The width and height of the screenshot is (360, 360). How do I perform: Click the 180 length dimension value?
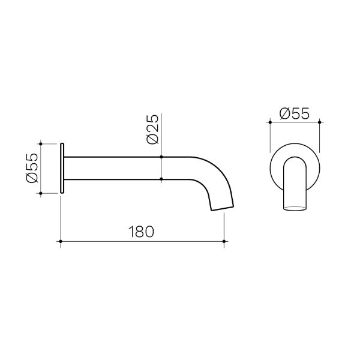pyautogui.click(x=142, y=230)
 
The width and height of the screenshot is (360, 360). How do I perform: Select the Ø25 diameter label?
pyautogui.click(x=152, y=129)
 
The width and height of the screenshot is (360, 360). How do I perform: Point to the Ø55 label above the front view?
pyautogui.click(x=295, y=112)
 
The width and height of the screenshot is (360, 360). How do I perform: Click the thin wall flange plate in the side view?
pyautogui.click(x=62, y=169)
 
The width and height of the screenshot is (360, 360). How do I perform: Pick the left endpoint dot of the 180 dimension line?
pyautogui.click(x=61, y=242)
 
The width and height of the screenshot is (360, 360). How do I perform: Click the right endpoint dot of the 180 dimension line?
pyautogui.click(x=224, y=242)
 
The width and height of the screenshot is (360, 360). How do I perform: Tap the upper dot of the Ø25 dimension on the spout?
pyautogui.click(x=162, y=157)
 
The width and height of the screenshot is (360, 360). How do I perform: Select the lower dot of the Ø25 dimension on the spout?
pyautogui.click(x=162, y=179)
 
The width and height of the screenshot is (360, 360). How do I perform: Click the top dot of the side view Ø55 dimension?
pyautogui.click(x=41, y=143)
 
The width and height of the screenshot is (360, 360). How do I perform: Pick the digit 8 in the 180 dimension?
pyautogui.click(x=142, y=230)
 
